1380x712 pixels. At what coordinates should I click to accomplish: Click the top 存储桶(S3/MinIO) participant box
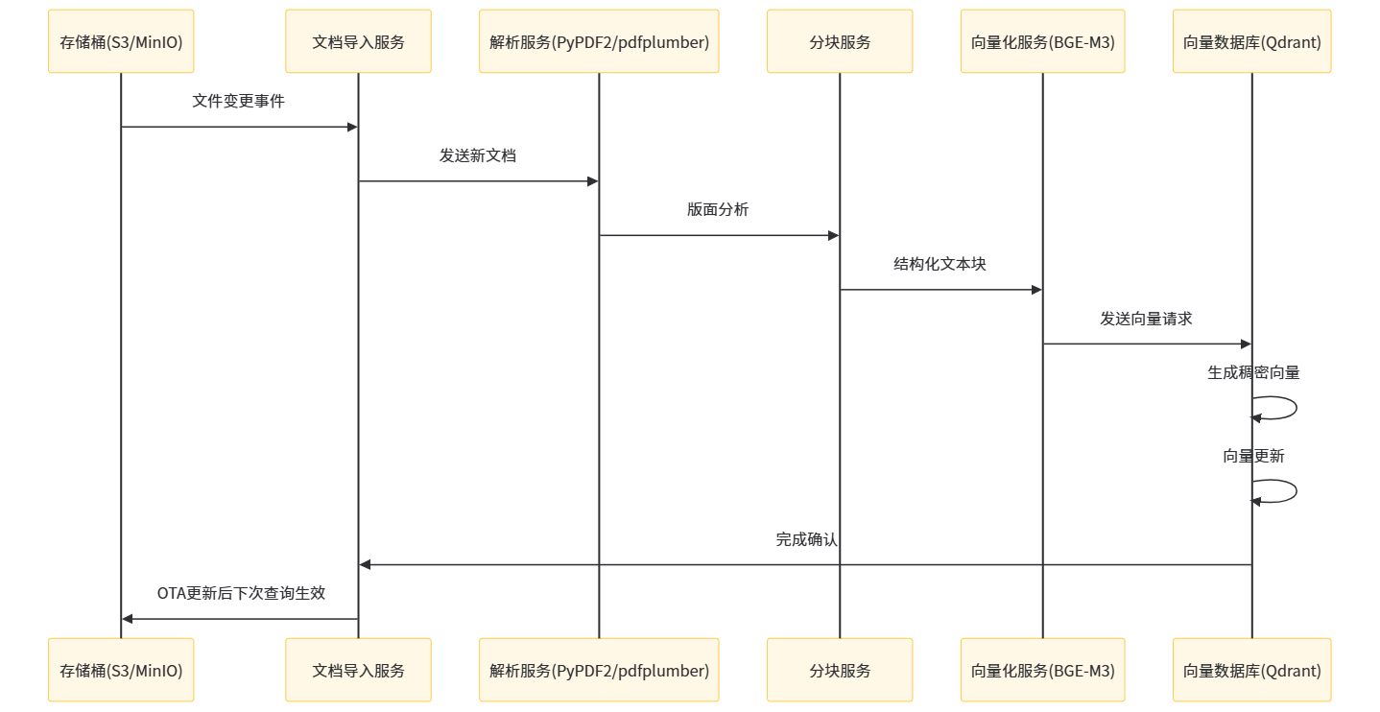coord(121,41)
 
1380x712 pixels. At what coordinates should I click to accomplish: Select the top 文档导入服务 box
coord(358,41)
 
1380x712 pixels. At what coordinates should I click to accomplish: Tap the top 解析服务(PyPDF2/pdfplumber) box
coord(599,41)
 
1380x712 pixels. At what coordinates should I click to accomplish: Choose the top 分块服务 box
coord(840,41)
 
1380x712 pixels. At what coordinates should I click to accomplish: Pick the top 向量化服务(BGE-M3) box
coord(1042,41)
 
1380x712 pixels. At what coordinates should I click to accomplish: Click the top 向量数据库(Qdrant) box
coord(1251,41)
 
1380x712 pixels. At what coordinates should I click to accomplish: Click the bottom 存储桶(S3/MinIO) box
coord(121,670)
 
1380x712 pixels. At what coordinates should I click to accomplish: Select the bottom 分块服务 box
coord(840,670)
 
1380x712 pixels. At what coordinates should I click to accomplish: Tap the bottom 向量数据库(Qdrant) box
coord(1251,670)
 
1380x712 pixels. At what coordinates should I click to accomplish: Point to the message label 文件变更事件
coord(238,101)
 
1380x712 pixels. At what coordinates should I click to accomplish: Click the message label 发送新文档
coord(478,155)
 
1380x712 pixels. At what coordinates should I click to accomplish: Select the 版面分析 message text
coord(718,209)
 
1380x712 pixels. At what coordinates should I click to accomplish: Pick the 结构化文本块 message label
coord(940,264)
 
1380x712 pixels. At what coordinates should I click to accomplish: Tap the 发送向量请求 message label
coord(1146,319)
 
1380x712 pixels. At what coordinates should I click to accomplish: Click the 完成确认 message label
coord(806,539)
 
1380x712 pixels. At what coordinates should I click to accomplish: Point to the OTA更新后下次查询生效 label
coord(241,593)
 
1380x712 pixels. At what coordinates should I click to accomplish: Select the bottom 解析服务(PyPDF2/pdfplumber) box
coord(599,670)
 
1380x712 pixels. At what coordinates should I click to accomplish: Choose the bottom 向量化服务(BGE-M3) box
coord(1042,670)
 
